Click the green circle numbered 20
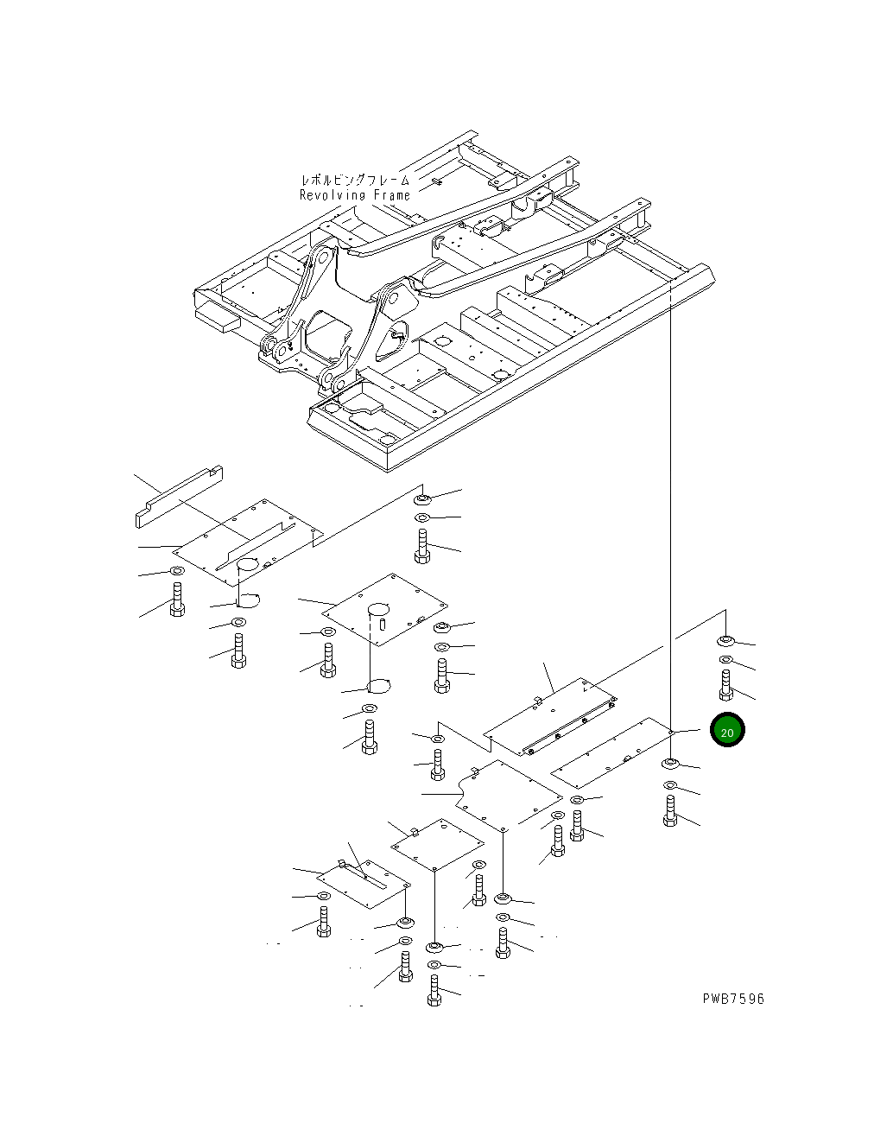pyautogui.click(x=727, y=730)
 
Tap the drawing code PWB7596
pyautogui.click(x=733, y=999)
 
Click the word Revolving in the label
pyautogui.click(x=332, y=195)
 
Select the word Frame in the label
pyautogui.click(x=392, y=195)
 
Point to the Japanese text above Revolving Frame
pyautogui.click(x=355, y=180)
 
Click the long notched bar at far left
pyautogui.click(x=179, y=497)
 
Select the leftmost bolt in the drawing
pyautogui.click(x=177, y=600)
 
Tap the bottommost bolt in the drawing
pyautogui.click(x=434, y=990)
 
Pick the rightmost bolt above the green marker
pyautogui.click(x=726, y=685)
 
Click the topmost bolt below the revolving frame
pyautogui.click(x=422, y=546)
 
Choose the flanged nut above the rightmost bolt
pyautogui.click(x=726, y=641)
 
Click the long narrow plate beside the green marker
pyautogui.click(x=611, y=752)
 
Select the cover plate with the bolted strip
pyautogui.click(x=550, y=716)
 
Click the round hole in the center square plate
pyautogui.click(x=378, y=610)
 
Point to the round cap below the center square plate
pyautogui.click(x=378, y=686)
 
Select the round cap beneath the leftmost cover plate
pyautogui.click(x=248, y=600)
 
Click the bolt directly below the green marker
pyautogui.click(x=670, y=811)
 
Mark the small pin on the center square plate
pyautogui.click(x=383, y=624)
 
